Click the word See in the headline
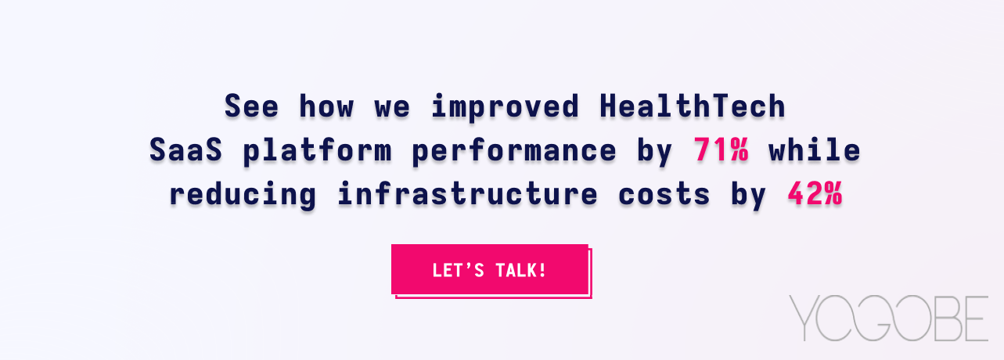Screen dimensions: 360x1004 251,106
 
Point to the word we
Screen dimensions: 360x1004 392,106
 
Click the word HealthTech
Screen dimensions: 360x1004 692,106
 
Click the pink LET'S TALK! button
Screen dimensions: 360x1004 490,270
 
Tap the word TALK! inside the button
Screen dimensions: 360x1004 521,271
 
